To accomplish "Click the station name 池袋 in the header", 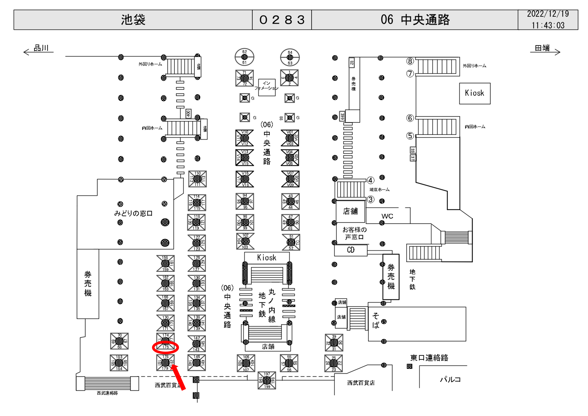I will [133, 20].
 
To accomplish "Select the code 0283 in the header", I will [282, 20].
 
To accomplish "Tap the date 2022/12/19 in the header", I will [548, 14].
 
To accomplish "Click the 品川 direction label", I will [41, 48].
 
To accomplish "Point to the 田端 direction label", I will [542, 48].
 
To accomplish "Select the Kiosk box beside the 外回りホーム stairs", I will [474, 93].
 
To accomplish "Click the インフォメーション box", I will [267, 87].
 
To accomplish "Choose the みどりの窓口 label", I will [133, 213].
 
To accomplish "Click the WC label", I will [387, 216].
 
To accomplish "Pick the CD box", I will [351, 250].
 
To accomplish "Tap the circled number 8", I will [410, 61].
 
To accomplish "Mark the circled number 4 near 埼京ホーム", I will [370, 180].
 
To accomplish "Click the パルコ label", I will [450, 379].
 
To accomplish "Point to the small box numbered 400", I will [188, 114].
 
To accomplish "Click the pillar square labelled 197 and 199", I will [267, 380].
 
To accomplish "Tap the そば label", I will [376, 320].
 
